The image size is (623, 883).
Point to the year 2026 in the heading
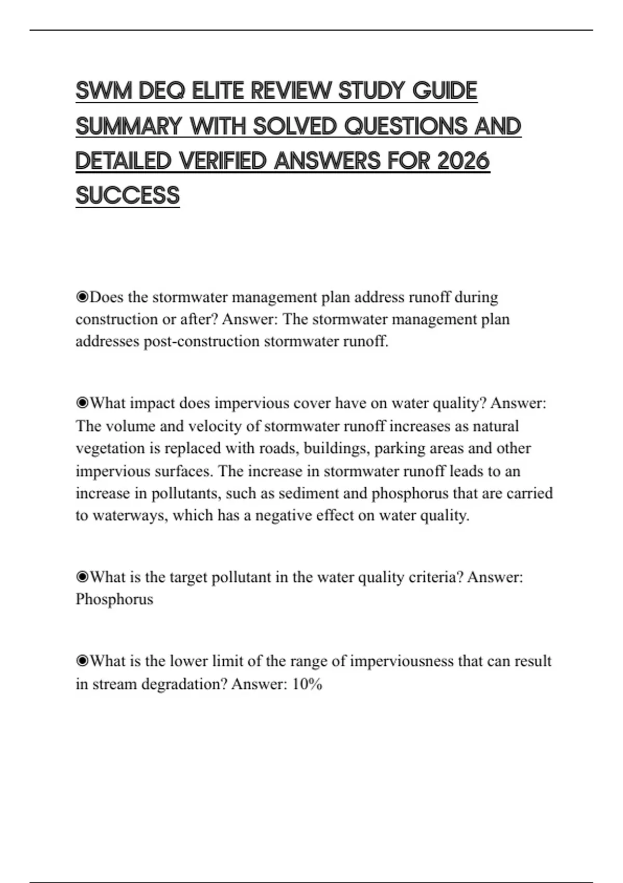[x=463, y=161]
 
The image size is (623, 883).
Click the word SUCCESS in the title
[x=128, y=196]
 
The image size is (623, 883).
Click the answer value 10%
[x=307, y=684]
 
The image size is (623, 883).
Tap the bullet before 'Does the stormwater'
[x=82, y=297]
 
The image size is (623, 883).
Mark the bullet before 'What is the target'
[x=82, y=577]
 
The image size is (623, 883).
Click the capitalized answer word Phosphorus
[x=114, y=599]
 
